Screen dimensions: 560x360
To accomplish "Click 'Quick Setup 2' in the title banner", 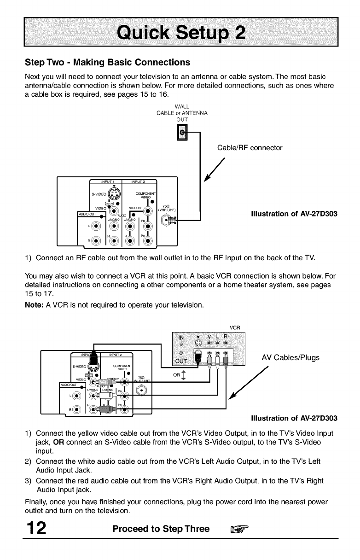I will click(x=180, y=31).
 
